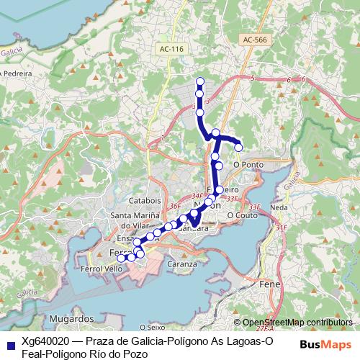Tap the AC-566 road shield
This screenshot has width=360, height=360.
click(254, 40)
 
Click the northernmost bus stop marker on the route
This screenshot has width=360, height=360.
click(200, 81)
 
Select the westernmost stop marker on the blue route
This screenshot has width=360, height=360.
click(122, 258)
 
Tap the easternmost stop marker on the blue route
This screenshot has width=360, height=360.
click(239, 148)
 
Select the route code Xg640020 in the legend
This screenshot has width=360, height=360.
click(43, 340)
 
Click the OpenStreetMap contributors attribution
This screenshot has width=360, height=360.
click(297, 323)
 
